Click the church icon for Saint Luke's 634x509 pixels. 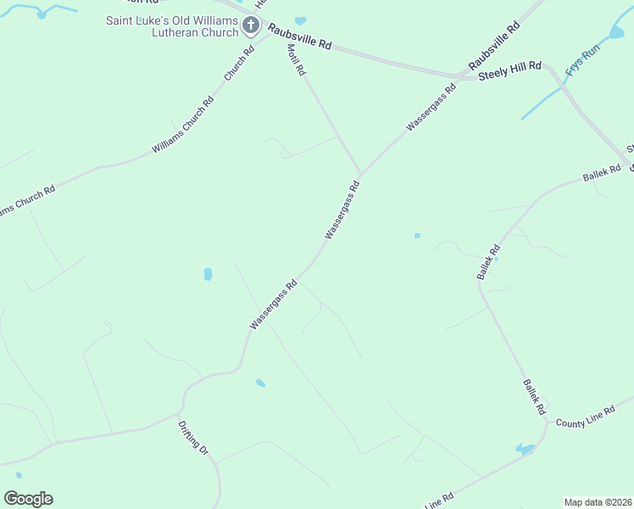tap(251, 25)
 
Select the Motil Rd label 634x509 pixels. tap(295, 60)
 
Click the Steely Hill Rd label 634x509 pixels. tap(509, 73)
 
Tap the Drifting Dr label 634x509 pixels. tap(193, 437)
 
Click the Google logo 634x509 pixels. tap(28, 499)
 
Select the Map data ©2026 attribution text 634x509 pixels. tap(598, 501)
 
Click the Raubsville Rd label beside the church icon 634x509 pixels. tap(299, 37)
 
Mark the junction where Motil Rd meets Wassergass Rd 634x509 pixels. tap(361, 174)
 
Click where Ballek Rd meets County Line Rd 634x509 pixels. tap(548, 422)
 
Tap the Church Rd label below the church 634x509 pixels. tap(239, 64)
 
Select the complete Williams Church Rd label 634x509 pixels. tap(182, 125)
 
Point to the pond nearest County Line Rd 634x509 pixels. tap(524, 449)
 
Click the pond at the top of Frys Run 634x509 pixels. tap(616, 32)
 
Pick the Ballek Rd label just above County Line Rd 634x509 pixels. tap(533, 396)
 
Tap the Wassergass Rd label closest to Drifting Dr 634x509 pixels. tap(273, 305)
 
